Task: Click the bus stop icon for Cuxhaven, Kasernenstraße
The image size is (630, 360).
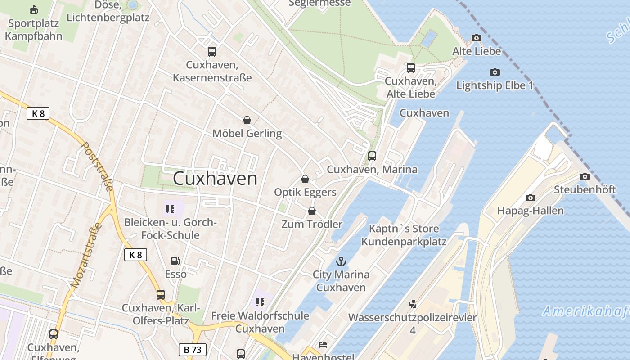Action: pyautogui.click(x=212, y=52)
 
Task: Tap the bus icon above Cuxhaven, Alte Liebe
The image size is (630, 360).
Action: pyautogui.click(x=411, y=68)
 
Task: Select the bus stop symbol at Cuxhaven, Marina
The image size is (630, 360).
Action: pyautogui.click(x=372, y=156)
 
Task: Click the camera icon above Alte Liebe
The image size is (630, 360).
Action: pyautogui.click(x=477, y=38)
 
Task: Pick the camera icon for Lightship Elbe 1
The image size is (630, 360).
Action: pyautogui.click(x=495, y=72)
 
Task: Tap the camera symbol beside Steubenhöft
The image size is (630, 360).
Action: pyautogui.click(x=585, y=176)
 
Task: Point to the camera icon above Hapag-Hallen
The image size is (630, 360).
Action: pyautogui.click(x=531, y=198)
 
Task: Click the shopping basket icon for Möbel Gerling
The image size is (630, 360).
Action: pyautogui.click(x=247, y=120)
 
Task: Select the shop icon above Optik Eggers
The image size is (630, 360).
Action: pyautogui.click(x=305, y=179)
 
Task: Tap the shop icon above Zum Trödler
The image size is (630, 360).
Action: pyautogui.click(x=312, y=211)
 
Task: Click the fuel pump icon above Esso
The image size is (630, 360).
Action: pyautogui.click(x=175, y=261)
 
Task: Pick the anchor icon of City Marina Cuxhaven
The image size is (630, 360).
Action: pyautogui.click(x=341, y=261)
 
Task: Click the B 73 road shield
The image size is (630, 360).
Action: pyautogui.click(x=193, y=350)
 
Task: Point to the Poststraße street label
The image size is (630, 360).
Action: pyautogui.click(x=97, y=166)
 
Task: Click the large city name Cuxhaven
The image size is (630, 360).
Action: pyautogui.click(x=215, y=179)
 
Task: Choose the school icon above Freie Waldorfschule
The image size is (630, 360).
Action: pyautogui.click(x=260, y=302)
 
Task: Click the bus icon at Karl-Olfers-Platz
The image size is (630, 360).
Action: pyautogui.click(x=161, y=295)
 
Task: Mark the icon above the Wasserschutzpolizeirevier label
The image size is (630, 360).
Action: pyautogui.click(x=413, y=304)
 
